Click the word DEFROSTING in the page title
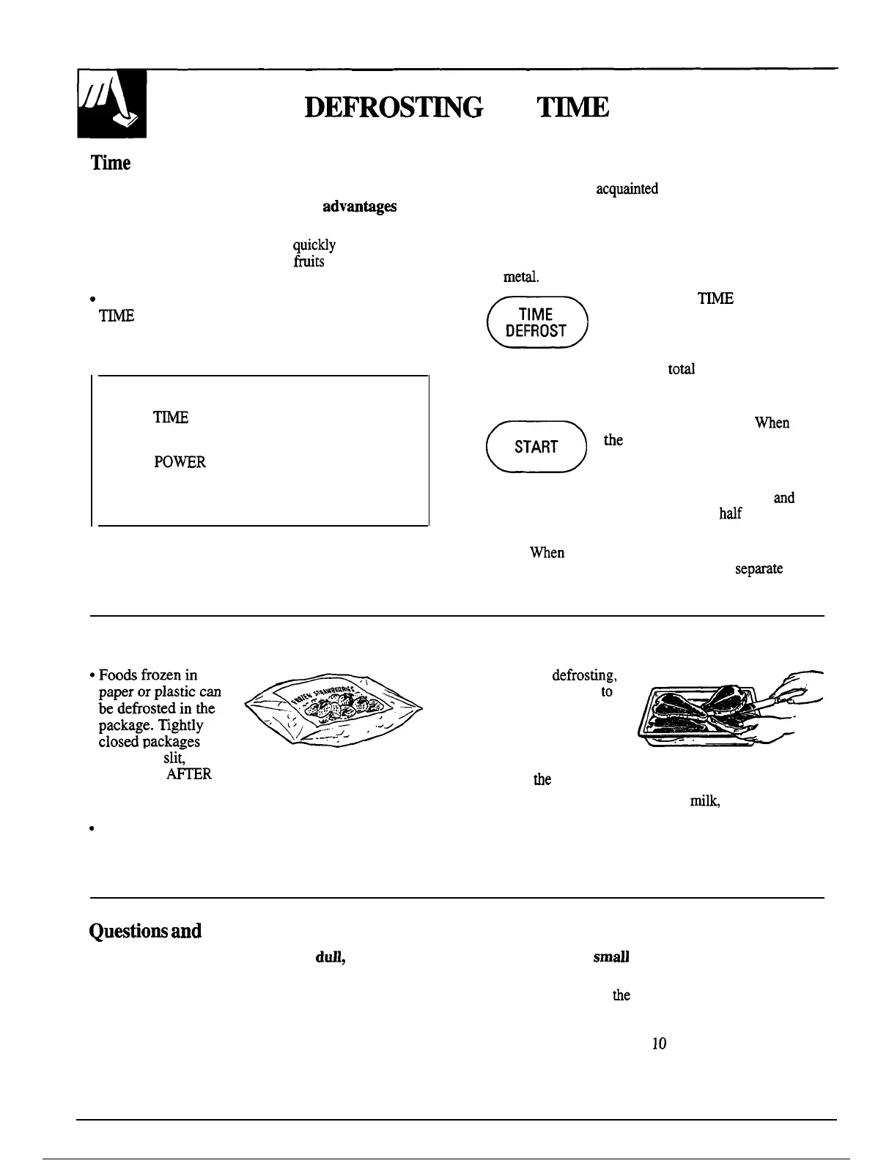coord(393,108)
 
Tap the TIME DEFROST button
coord(536,322)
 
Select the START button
coord(536,447)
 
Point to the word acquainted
coord(627,189)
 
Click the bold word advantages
coord(360,207)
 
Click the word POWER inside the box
coord(180,462)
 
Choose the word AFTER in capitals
coord(189,773)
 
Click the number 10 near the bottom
coord(659,1044)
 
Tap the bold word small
coord(612,957)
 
